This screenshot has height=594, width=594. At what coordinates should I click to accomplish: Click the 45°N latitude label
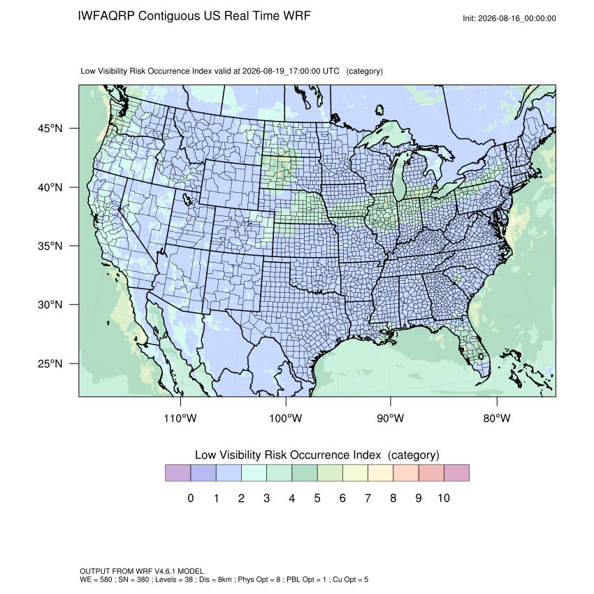coord(50,129)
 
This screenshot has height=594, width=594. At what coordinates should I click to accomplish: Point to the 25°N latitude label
coord(50,363)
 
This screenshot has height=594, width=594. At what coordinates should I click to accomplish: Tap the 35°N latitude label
coord(50,246)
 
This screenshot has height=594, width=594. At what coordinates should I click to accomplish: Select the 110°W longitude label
coord(180,418)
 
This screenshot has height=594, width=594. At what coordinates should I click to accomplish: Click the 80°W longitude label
coord(497,418)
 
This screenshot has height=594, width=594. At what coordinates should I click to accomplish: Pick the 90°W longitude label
coord(390,418)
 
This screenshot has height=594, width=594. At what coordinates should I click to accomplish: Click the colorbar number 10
coord(444,498)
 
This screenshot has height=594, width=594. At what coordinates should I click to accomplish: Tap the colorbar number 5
coord(317,498)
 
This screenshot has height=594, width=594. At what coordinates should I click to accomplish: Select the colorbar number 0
coord(191,498)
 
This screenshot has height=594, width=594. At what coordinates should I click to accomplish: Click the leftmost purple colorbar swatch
coord(178,473)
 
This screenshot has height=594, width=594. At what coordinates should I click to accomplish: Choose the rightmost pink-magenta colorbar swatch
coord(456,473)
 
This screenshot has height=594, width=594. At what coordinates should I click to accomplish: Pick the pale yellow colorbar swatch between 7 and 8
coord(380,473)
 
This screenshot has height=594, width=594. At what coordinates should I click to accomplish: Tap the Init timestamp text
coord(509,18)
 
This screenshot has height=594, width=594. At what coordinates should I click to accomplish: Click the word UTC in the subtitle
coord(331,71)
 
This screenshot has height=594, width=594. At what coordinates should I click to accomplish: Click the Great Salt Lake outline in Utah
coord(187,198)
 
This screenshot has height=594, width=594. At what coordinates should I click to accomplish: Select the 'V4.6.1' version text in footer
coord(166,571)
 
